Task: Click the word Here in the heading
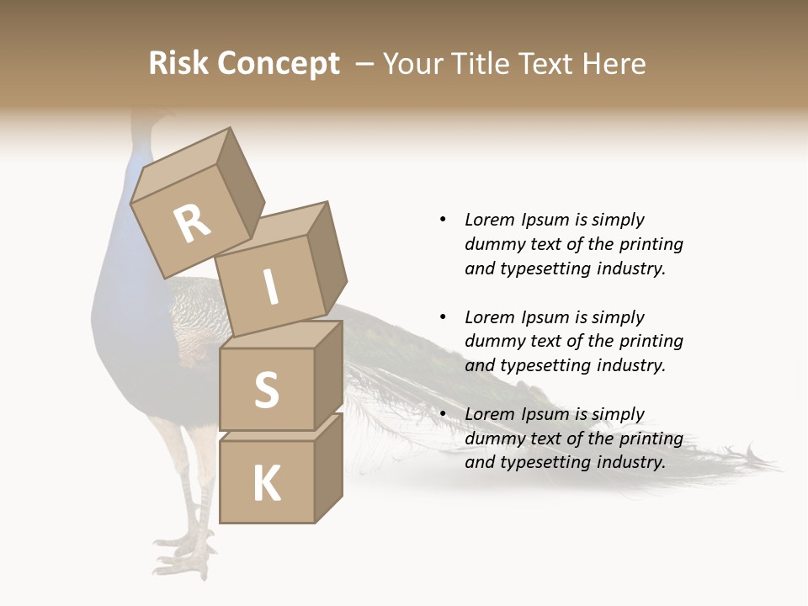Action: tap(616, 64)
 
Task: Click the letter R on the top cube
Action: tap(193, 223)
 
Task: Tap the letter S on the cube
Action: tap(266, 390)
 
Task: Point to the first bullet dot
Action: tap(443, 220)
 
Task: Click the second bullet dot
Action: tap(443, 317)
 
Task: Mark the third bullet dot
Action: tap(443, 414)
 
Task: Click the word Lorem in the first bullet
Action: tap(489, 220)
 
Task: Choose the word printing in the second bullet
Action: tap(651, 341)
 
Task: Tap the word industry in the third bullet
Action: tap(630, 462)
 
